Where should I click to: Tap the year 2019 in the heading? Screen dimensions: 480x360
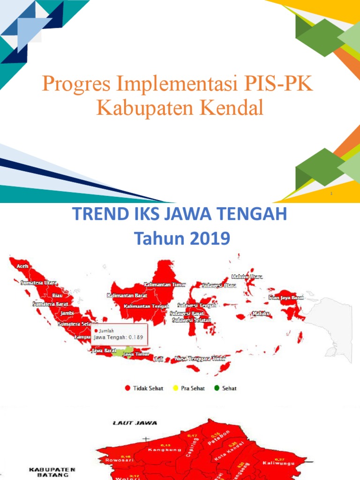(208, 239)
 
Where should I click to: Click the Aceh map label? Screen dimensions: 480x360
(22, 266)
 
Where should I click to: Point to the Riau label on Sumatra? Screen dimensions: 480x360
(57, 296)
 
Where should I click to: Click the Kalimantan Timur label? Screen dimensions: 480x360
(165, 285)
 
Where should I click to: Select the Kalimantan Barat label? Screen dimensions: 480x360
(127, 296)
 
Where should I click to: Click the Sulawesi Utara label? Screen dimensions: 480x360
(219, 285)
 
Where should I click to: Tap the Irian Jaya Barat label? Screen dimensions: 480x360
(286, 297)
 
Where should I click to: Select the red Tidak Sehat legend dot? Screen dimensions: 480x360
(127, 388)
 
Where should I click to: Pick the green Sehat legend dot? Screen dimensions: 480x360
(217, 388)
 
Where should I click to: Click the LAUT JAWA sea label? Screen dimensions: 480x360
(127, 423)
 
